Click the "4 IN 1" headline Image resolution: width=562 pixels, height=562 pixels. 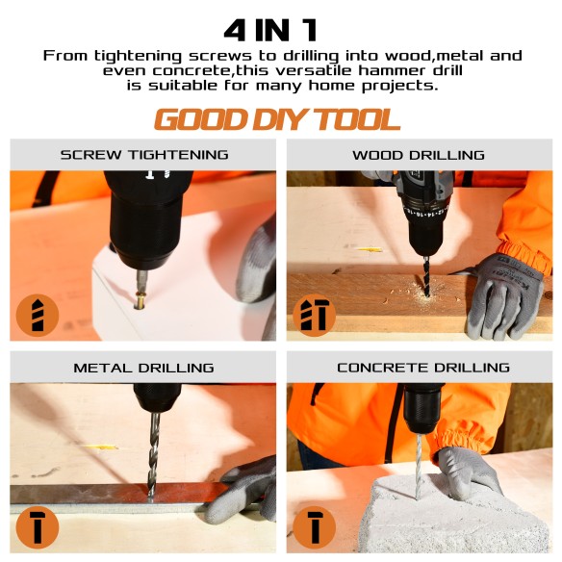[x=280, y=29]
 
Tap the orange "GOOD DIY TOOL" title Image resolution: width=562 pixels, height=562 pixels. [x=277, y=119]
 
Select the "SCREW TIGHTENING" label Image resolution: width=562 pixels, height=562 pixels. [x=144, y=155]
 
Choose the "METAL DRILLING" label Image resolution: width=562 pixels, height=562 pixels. [x=144, y=368]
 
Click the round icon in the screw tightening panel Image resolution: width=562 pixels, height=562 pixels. [x=38, y=316]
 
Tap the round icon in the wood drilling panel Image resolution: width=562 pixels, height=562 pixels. [x=314, y=316]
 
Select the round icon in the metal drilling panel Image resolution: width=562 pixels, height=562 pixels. [x=38, y=528]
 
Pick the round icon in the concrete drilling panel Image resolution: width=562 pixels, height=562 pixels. [x=314, y=528]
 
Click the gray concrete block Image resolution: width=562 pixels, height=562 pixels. [x=452, y=520]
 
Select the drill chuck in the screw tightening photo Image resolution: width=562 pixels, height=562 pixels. [x=144, y=231]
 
